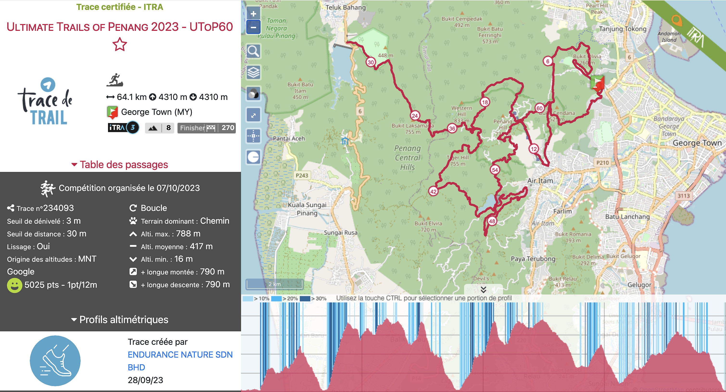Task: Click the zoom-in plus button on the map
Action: (253, 14)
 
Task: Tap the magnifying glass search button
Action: (253, 51)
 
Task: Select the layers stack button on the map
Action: (253, 72)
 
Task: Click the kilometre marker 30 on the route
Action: (371, 62)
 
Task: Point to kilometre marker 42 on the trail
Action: (433, 191)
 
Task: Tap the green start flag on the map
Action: (597, 83)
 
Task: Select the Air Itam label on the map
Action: (540, 181)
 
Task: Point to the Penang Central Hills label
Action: (408, 158)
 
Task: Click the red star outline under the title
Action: (120, 45)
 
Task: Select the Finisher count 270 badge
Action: (207, 128)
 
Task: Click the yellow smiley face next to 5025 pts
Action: (14, 285)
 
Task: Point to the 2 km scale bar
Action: (274, 284)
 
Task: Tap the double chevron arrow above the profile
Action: (483, 290)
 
